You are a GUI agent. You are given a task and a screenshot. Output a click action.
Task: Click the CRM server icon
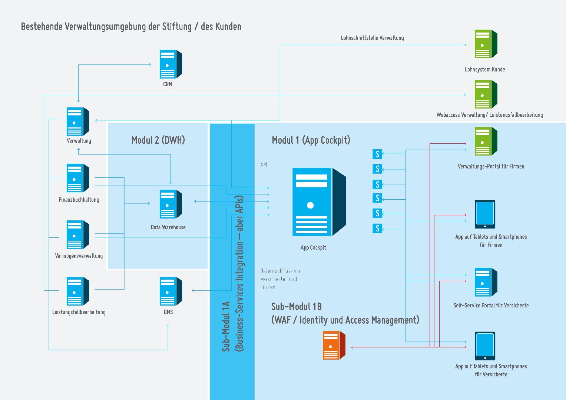(171, 64)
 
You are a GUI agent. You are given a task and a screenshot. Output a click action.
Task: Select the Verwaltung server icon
(78, 121)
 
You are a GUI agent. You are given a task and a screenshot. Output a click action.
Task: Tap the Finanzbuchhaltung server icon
(78, 178)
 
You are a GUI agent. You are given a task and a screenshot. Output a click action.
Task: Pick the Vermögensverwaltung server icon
(78, 234)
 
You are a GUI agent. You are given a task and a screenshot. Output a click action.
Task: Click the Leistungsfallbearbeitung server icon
(78, 291)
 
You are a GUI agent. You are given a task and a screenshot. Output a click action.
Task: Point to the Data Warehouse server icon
(171, 204)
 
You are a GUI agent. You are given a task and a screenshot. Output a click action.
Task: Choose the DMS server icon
(171, 291)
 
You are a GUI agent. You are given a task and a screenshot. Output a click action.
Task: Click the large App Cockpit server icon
(319, 202)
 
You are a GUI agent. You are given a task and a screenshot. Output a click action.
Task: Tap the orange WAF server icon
(334, 346)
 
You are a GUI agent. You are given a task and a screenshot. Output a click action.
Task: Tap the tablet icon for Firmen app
(485, 214)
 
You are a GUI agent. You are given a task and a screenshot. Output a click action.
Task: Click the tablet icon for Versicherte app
(485, 346)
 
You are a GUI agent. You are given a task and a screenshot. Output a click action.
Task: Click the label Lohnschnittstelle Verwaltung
(372, 38)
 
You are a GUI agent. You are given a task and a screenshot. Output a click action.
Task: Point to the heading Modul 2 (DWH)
(158, 140)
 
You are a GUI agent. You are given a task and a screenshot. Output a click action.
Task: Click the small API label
(264, 165)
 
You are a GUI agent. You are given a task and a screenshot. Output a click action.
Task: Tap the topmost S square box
(377, 154)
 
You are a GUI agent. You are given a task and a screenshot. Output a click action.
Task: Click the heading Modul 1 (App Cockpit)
(311, 140)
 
